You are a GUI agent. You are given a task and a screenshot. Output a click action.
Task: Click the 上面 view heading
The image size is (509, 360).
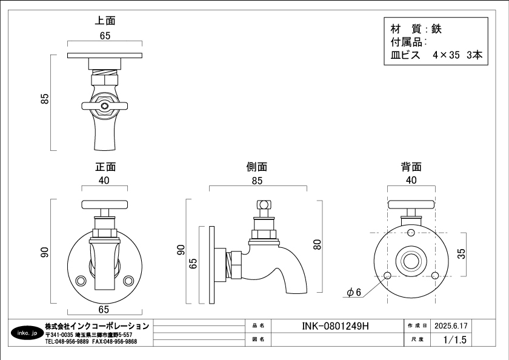click(105, 21)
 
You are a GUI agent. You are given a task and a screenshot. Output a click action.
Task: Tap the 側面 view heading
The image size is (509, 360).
click(257, 167)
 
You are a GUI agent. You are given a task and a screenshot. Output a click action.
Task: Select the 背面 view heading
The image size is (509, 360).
click(411, 167)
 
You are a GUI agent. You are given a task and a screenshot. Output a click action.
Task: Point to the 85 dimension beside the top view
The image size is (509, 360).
click(44, 99)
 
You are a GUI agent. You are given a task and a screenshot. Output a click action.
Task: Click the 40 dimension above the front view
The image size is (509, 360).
click(104, 181)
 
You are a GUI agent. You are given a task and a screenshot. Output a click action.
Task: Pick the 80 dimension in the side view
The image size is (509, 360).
click(317, 245)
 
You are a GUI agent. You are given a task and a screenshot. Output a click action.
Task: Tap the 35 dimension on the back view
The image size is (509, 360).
click(462, 253)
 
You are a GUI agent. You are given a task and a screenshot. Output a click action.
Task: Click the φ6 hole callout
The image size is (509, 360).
click(354, 293)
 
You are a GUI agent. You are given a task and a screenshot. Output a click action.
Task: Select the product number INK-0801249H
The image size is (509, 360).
click(335, 325)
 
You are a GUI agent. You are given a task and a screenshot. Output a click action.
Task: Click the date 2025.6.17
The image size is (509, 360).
click(451, 325)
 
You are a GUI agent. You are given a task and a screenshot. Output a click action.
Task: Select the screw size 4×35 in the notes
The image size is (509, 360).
click(447, 55)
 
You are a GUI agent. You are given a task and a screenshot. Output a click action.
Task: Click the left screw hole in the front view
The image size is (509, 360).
click(81, 281)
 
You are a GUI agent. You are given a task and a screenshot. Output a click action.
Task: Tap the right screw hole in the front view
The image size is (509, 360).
click(128, 281)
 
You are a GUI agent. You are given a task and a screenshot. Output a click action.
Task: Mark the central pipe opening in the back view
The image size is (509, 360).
click(411, 262)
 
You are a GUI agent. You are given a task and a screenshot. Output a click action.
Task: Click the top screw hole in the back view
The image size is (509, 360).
click(411, 233)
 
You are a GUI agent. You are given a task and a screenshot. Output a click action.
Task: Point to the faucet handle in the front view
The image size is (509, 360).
click(105, 204)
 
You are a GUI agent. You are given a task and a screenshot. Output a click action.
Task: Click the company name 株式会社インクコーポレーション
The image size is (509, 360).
click(97, 326)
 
